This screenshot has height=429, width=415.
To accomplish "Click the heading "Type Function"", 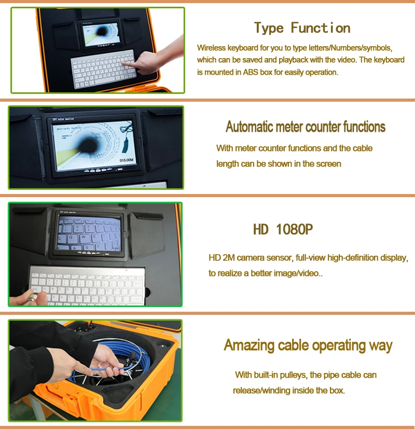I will pyautogui.click(x=302, y=28).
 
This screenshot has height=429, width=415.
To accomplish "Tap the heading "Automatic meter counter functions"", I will pyautogui.click(x=306, y=127).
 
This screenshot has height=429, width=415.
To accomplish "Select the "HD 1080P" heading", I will pyautogui.click(x=283, y=229).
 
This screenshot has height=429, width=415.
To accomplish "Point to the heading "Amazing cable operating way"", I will pyautogui.click(x=308, y=345).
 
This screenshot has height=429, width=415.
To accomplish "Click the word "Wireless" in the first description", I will pyautogui.click(x=212, y=48).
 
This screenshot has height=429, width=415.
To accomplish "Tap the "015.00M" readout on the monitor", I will pyautogui.click(x=128, y=160).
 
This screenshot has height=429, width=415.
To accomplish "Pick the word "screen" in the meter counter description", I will pyautogui.click(x=329, y=164).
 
